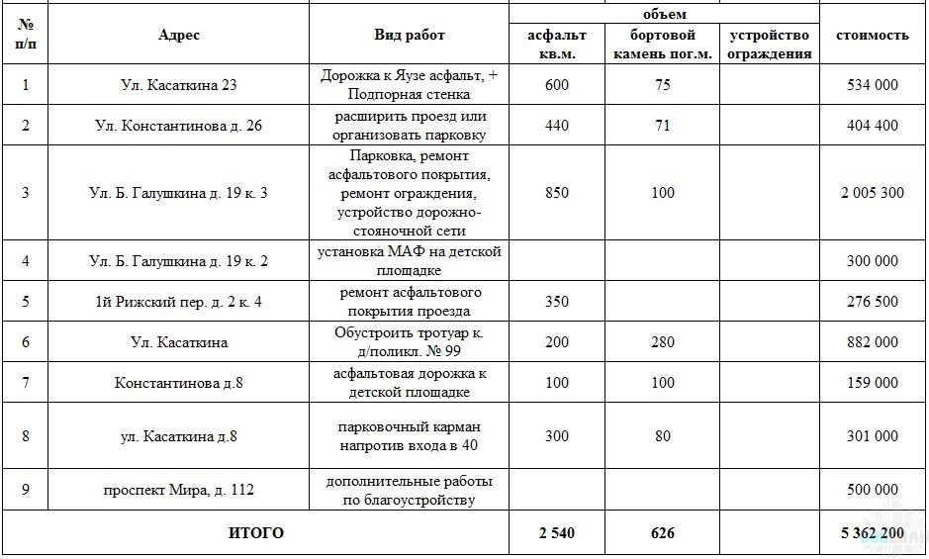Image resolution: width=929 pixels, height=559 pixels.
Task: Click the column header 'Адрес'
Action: tap(179, 35)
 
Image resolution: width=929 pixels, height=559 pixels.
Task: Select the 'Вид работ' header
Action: tap(410, 35)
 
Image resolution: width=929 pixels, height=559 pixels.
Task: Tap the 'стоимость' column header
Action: tap(873, 35)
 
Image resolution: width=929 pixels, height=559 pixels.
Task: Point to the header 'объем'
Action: tap(664, 14)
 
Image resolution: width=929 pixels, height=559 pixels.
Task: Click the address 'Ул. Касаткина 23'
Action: tap(179, 85)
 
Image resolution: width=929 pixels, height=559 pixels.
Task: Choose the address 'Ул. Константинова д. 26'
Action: tap(179, 126)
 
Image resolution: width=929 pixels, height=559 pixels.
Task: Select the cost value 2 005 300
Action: tap(873, 193)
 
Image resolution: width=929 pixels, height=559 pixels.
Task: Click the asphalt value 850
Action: tap(557, 193)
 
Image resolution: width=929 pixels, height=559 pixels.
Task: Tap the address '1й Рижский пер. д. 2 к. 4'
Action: tap(179, 302)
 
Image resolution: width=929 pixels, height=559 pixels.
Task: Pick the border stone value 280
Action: tap(663, 342)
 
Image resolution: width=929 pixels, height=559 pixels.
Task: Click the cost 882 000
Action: tap(873, 342)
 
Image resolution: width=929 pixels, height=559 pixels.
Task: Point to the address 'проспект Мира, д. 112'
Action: tap(179, 491)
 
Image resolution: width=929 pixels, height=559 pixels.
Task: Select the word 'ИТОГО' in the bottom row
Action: tap(256, 533)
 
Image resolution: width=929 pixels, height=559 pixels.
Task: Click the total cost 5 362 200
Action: tap(873, 533)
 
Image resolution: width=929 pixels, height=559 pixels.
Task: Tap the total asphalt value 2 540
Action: tap(557, 533)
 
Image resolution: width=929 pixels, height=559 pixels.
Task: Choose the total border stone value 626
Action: tap(663, 533)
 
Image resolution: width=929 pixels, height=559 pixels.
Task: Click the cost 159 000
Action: tap(873, 383)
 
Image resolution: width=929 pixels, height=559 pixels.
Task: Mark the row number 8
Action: tap(25, 435)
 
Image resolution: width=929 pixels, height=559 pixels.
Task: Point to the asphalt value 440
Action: tap(557, 126)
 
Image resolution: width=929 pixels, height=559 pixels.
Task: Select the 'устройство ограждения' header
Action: tap(771, 45)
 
